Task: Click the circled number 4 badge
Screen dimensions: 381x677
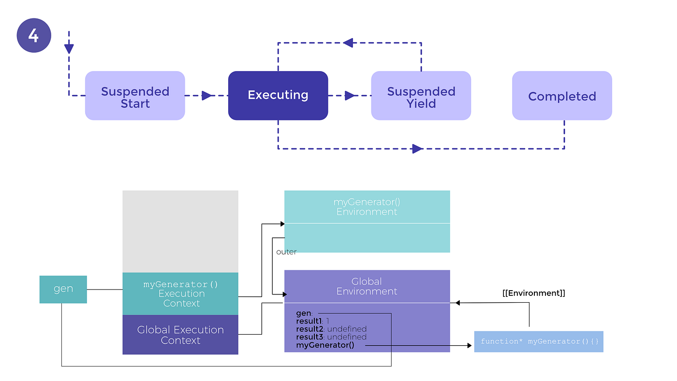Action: pyautogui.click(x=34, y=35)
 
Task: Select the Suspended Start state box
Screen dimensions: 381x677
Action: pyautogui.click(x=135, y=96)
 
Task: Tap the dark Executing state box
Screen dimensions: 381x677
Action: pyautogui.click(x=278, y=96)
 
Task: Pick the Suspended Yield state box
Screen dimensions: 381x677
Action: pyautogui.click(x=421, y=96)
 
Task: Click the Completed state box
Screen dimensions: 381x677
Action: pyautogui.click(x=562, y=96)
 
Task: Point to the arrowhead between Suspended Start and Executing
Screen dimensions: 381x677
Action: pyautogui.click(x=207, y=96)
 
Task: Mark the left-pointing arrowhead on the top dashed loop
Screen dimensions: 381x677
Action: pyautogui.click(x=348, y=43)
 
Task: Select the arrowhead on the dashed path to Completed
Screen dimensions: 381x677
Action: pyautogui.click(x=417, y=149)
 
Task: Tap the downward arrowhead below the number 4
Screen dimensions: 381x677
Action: pyautogui.click(x=69, y=48)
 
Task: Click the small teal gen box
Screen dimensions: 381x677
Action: pyautogui.click(x=63, y=289)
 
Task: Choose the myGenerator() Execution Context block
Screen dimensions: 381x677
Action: pyautogui.click(x=180, y=293)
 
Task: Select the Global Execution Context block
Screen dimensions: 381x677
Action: pyautogui.click(x=180, y=335)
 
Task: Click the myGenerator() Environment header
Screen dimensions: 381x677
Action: pyautogui.click(x=367, y=207)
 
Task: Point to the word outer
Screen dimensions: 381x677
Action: pyautogui.click(x=286, y=252)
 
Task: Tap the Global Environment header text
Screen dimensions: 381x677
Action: pyautogui.click(x=367, y=286)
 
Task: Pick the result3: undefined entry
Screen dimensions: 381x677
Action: pyautogui.click(x=331, y=337)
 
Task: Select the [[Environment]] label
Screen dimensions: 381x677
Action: pyautogui.click(x=533, y=293)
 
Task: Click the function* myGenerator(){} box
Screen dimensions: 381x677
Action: pyautogui.click(x=539, y=341)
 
